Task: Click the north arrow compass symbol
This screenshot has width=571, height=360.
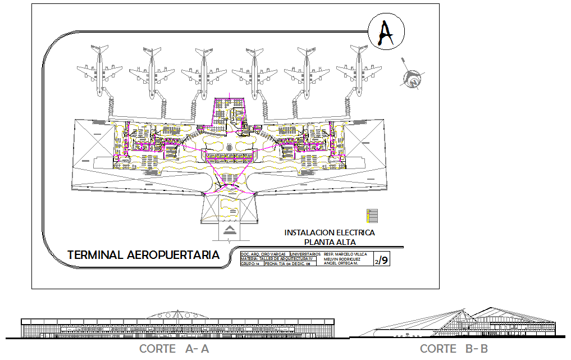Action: pyautogui.click(x=413, y=78)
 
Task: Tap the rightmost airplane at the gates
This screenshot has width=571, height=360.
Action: pyautogui.click(x=359, y=71)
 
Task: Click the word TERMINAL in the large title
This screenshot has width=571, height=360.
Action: pyautogui.click(x=95, y=255)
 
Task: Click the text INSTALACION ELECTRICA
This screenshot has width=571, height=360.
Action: pyautogui.click(x=330, y=233)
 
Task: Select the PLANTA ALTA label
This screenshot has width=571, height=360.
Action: pyautogui.click(x=330, y=242)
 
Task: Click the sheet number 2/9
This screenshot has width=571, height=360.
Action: pyautogui.click(x=381, y=260)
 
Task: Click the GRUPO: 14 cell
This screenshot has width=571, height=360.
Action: pyautogui.click(x=250, y=263)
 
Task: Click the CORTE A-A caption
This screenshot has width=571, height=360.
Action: pyautogui.click(x=174, y=349)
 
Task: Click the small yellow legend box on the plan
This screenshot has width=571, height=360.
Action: pyautogui.click(x=372, y=215)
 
